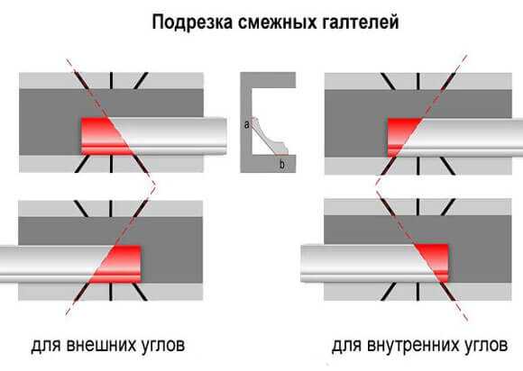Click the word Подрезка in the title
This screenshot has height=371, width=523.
(192, 23)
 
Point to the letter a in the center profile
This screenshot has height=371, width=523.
(246, 124)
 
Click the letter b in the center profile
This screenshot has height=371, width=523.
(282, 164)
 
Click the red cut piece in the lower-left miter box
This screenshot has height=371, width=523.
(118, 264)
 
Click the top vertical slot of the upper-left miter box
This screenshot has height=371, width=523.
(111, 81)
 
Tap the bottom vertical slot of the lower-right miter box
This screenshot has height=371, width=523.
(417, 292)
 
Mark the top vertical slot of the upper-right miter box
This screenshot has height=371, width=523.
(417, 81)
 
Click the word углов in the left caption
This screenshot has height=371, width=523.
(168, 346)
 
